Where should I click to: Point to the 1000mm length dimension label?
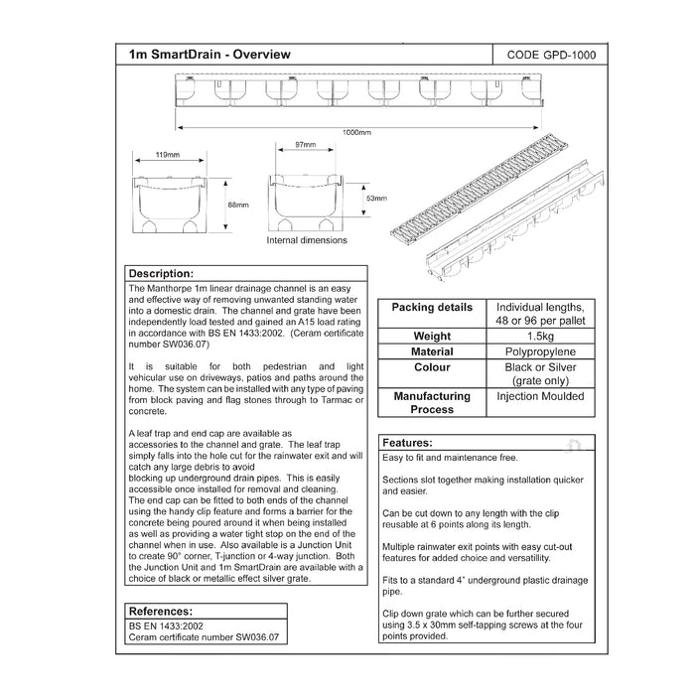click(357, 131)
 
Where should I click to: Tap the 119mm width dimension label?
click(167, 155)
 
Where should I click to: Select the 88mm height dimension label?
click(238, 205)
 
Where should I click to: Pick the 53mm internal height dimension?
click(376, 199)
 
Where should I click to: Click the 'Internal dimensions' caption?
click(307, 240)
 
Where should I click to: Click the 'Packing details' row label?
click(432, 308)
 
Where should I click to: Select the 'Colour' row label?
click(432, 366)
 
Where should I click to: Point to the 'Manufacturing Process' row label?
click(432, 402)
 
